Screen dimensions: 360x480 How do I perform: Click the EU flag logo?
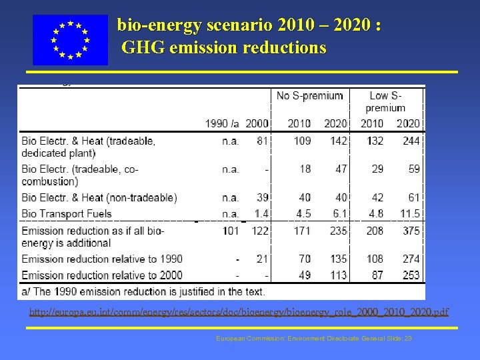coord(70,40)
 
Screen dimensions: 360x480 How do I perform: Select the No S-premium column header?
coord(310,95)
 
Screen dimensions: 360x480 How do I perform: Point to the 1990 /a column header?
coord(223,123)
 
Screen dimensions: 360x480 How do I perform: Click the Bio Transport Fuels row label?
coord(61,214)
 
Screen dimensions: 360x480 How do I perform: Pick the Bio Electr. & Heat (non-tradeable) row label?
coord(99,197)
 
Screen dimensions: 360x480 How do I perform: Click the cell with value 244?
coord(411,141)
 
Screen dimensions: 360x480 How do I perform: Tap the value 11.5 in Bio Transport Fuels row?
coord(409,214)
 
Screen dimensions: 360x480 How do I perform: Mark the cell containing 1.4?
coord(261,214)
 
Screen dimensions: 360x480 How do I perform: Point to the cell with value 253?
coord(411,275)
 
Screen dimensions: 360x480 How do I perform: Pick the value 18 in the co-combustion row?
coord(305,169)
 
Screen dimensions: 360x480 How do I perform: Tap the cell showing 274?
coord(411,259)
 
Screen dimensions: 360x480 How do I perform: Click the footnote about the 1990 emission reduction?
coord(143,291)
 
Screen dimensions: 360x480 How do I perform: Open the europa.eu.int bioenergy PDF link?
coord(239,312)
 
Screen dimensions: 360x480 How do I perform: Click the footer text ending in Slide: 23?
coord(314,339)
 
